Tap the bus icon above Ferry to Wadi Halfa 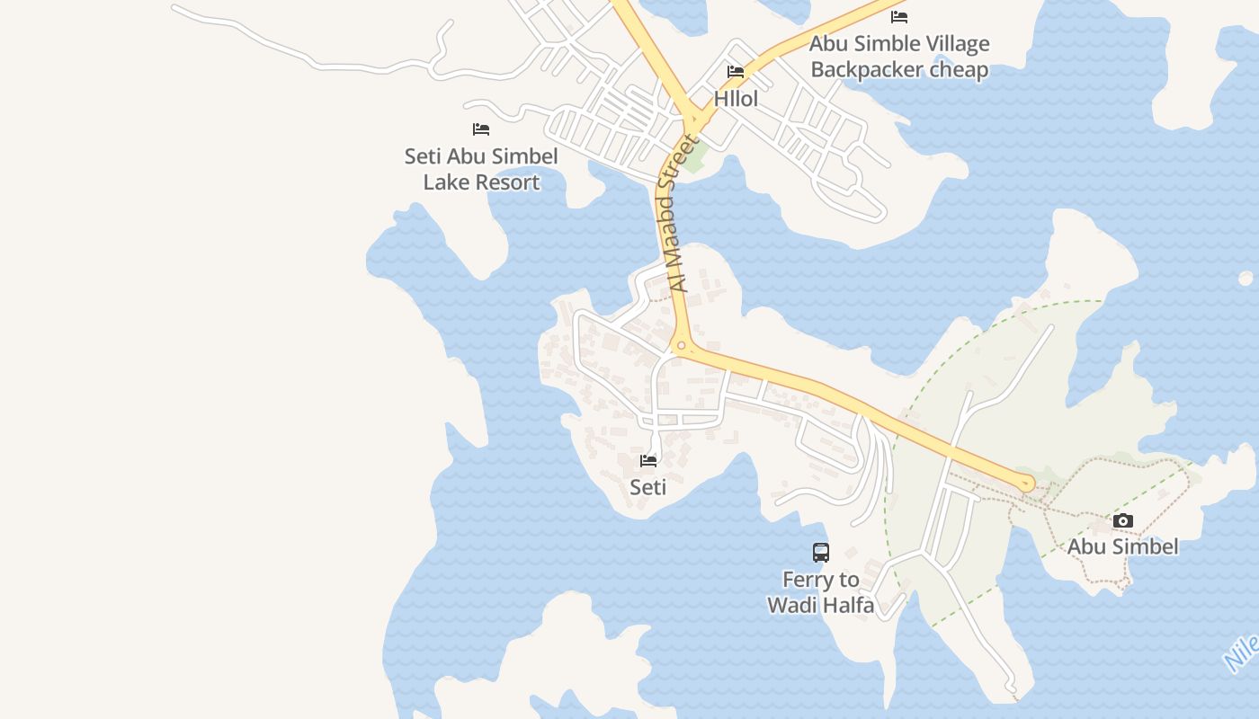(820, 553)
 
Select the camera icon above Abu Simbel (1122, 521)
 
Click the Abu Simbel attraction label (1122, 546)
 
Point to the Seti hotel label (647, 487)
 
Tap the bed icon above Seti (647, 461)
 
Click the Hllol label (736, 99)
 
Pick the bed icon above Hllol (736, 72)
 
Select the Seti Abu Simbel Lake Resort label (481, 169)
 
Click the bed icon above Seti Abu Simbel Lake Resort (481, 129)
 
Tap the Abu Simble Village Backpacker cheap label (899, 57)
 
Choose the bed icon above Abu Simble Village (899, 17)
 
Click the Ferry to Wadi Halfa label (820, 592)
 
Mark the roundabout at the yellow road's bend (681, 345)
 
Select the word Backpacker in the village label (862, 70)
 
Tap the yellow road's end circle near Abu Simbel (1026, 484)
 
